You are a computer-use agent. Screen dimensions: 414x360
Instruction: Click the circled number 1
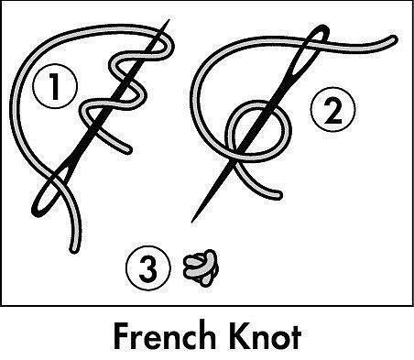click(55, 86)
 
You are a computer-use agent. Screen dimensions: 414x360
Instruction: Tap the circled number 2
click(333, 110)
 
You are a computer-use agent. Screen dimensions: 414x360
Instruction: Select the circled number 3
click(148, 267)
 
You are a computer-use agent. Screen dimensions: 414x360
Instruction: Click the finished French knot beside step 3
click(201, 267)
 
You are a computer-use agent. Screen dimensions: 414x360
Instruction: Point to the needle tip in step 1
click(169, 20)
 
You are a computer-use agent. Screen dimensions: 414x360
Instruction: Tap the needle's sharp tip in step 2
click(192, 222)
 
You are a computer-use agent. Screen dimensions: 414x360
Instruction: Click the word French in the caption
click(164, 336)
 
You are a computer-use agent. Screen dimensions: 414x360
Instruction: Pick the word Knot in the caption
click(263, 336)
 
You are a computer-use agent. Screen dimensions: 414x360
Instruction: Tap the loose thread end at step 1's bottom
click(73, 249)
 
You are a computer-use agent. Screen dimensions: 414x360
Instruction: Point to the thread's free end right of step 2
click(393, 39)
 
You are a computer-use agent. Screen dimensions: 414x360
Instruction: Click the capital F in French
click(121, 336)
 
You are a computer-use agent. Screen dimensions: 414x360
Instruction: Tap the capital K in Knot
click(235, 336)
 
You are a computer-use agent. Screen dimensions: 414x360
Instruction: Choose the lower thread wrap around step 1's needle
click(113, 103)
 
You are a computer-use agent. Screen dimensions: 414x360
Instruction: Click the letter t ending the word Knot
click(295, 337)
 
